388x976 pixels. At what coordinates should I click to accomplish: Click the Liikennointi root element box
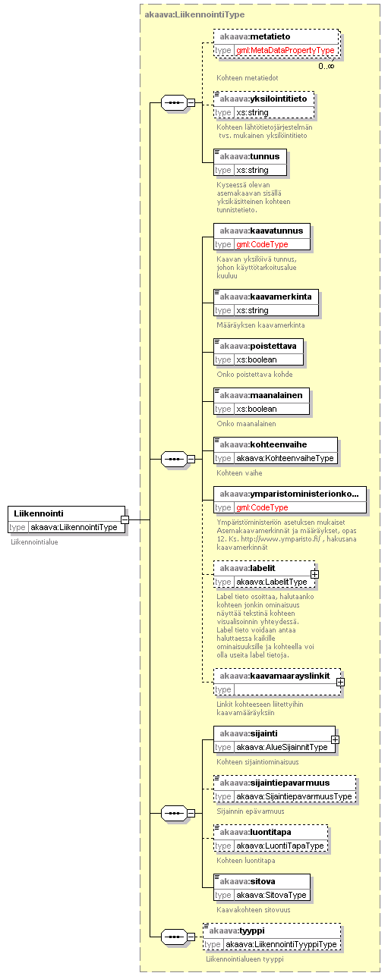tap(66, 519)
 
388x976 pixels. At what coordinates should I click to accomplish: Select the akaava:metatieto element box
tap(276, 43)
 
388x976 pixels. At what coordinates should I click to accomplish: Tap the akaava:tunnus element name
tap(250, 156)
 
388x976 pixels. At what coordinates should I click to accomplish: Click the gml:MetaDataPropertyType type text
tap(285, 51)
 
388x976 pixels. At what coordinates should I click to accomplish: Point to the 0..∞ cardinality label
tap(326, 66)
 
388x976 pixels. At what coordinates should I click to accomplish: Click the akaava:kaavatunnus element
tap(262, 237)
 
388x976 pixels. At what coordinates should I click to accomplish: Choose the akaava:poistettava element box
tap(258, 353)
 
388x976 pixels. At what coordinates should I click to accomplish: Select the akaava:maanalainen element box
tap(261, 402)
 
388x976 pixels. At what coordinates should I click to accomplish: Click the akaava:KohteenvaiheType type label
tap(285, 458)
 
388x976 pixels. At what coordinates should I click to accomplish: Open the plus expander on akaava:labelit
tap(314, 575)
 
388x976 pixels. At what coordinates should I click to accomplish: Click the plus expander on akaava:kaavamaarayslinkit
tap(340, 683)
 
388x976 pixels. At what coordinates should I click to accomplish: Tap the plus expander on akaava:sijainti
tap(335, 740)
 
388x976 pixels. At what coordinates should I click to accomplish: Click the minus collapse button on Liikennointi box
tap(125, 519)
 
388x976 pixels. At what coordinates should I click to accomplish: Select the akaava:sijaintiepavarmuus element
tap(285, 789)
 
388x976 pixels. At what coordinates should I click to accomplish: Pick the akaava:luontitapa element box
tap(270, 838)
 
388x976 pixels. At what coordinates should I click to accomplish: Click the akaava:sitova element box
tap(262, 887)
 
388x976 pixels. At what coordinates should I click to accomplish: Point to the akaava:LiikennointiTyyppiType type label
tap(281, 945)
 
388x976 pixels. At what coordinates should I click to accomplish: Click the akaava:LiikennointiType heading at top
tap(194, 15)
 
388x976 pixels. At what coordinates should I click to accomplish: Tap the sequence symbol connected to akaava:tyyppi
tap(174, 937)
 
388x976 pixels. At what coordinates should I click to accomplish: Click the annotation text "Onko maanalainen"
tap(246, 423)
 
